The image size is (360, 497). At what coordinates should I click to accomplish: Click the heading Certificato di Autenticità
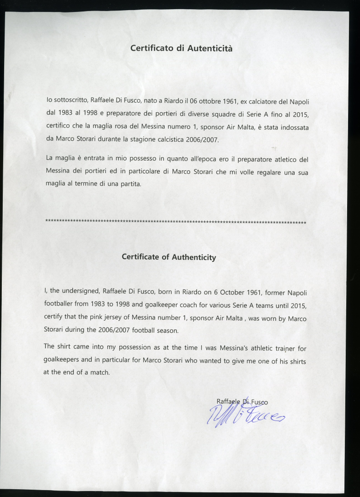tap(181, 48)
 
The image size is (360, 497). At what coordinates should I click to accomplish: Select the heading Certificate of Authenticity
tap(168, 257)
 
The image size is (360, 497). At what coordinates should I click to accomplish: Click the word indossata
tap(293, 127)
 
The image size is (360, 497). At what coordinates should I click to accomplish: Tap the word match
tap(99, 372)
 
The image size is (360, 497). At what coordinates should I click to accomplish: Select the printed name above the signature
tap(242, 402)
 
